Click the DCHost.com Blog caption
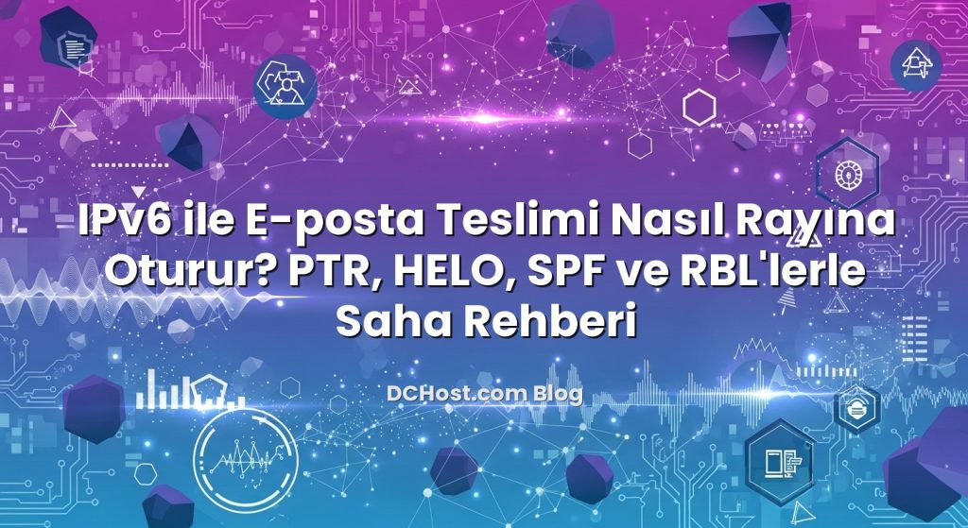[484, 393]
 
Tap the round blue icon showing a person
[285, 83]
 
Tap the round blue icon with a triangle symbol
[916, 64]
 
